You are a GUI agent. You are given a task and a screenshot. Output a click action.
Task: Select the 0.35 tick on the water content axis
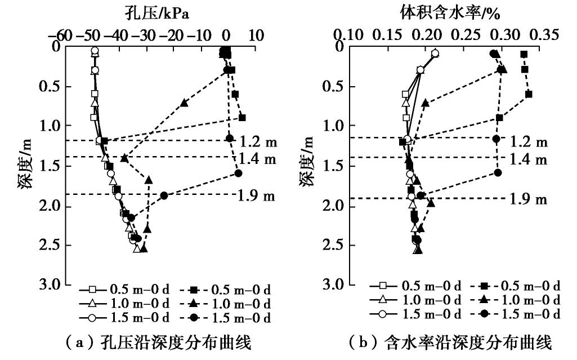click(545, 35)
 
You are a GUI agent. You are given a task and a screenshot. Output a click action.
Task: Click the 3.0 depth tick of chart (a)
click(51, 284)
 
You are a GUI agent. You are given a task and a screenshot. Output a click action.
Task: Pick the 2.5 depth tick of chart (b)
click(334, 245)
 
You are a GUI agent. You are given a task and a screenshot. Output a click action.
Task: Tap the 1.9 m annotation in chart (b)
click(529, 198)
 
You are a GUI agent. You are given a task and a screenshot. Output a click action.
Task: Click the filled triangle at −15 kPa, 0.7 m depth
click(185, 103)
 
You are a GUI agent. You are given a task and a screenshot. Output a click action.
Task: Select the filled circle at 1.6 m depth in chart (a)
click(238, 173)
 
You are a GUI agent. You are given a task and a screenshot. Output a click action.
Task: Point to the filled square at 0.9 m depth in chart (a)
click(242, 117)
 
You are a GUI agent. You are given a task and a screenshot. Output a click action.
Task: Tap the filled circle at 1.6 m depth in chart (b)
click(498, 172)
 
